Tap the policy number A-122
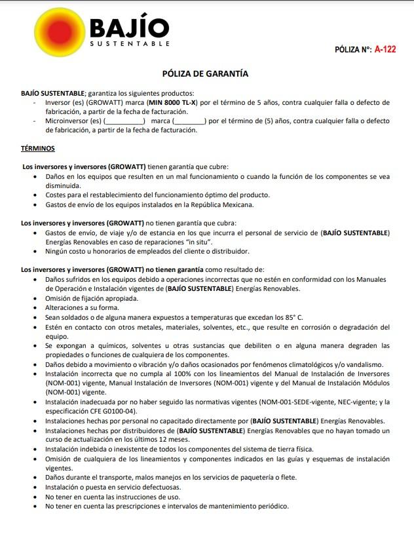click(385, 49)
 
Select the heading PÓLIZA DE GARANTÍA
click(205, 74)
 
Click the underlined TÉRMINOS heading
click(38, 149)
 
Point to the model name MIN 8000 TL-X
click(172, 103)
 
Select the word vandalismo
click(359, 364)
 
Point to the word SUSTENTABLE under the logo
click(130, 43)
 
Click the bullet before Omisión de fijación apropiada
click(35, 298)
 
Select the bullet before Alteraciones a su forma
click(35, 307)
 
